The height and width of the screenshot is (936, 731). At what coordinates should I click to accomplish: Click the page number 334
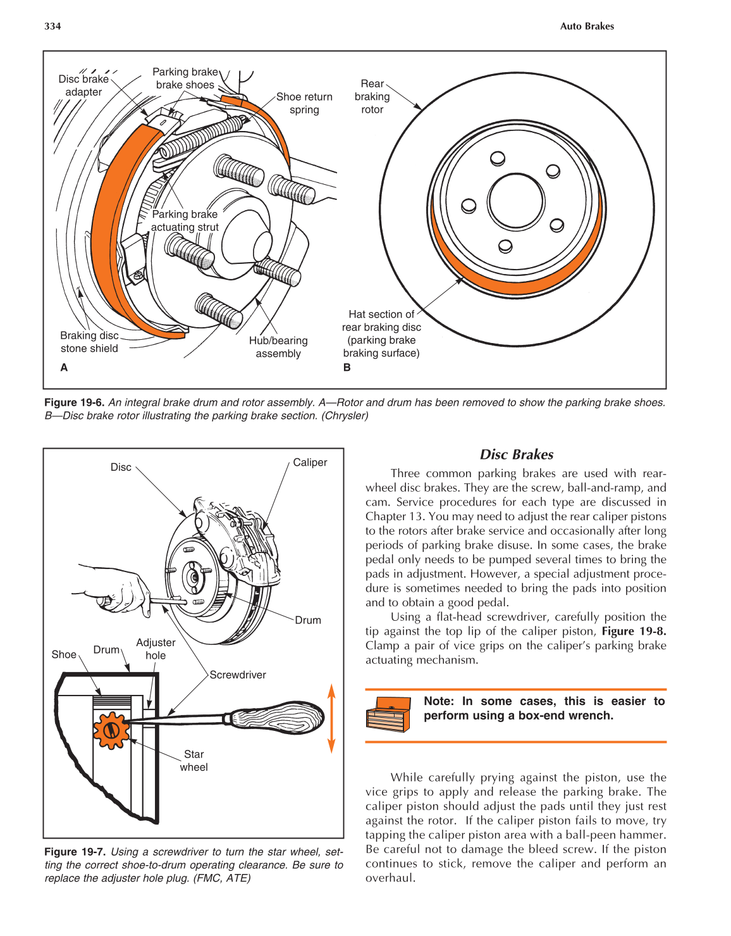click(52, 26)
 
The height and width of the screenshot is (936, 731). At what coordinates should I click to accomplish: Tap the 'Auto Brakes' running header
click(587, 26)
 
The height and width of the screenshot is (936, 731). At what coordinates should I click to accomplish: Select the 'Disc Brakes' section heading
click(516, 454)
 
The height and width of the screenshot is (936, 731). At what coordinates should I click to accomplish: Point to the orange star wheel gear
click(111, 730)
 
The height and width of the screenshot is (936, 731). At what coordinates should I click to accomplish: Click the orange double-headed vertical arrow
click(331, 718)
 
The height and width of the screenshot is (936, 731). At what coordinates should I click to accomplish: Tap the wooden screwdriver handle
click(278, 718)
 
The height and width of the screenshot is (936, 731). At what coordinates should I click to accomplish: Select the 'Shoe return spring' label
click(304, 103)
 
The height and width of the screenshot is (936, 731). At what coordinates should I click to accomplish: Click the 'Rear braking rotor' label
click(372, 96)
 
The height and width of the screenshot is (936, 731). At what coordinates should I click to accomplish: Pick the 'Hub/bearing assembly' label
click(278, 347)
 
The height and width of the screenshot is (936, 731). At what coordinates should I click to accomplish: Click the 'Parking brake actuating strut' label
click(185, 221)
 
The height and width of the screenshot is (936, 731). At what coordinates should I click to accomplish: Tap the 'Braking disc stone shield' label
click(89, 342)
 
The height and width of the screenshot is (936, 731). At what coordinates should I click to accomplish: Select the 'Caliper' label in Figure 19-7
click(310, 463)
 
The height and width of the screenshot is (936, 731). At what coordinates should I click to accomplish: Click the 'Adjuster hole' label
click(156, 649)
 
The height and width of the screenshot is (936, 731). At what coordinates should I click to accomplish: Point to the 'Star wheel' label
click(193, 761)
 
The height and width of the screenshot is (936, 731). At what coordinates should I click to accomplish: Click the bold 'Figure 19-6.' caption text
click(74, 402)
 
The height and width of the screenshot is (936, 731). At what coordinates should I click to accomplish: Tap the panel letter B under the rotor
click(347, 368)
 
